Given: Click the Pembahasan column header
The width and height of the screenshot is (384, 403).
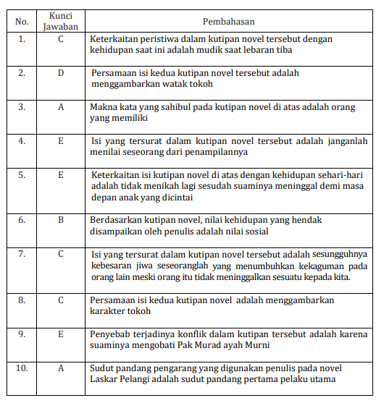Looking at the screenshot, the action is pos(229,21).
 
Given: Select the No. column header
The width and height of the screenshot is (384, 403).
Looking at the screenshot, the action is pos(22,21).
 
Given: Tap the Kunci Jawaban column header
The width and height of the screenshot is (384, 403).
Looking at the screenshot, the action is pos(61,21).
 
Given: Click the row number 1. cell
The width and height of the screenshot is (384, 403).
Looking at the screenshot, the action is pos(22,38).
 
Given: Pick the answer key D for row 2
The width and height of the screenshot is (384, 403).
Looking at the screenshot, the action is pos(61,73).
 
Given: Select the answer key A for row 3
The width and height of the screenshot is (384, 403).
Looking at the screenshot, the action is pos(61,107).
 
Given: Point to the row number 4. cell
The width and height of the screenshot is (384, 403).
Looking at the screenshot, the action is pos(22,141).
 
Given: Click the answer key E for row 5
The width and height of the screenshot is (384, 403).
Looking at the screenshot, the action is pos(61,174).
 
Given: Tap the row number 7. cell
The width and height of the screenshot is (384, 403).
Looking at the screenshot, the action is pos(22,253).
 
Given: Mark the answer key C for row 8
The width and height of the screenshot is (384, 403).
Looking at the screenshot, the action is pos(61,299).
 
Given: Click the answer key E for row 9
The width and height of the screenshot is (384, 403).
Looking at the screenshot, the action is pos(61,333).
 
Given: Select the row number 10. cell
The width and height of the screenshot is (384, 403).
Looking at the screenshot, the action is pos(22,368).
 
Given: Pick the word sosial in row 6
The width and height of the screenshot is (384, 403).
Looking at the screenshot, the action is pos(255,232).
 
